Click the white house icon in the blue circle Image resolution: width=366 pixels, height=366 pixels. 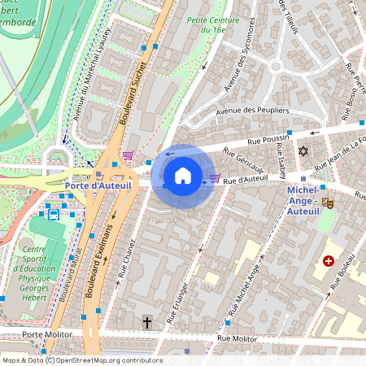click(x=183, y=175)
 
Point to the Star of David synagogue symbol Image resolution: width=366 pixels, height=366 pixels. click(x=304, y=151)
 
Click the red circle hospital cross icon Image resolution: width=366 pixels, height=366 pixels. click(x=329, y=261)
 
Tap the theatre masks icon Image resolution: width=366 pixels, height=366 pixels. click(x=329, y=203)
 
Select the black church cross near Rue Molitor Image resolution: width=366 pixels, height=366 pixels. click(x=147, y=322)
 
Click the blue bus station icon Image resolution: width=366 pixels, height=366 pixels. click(x=54, y=215)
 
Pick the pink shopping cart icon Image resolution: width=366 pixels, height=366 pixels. click(x=128, y=155)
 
